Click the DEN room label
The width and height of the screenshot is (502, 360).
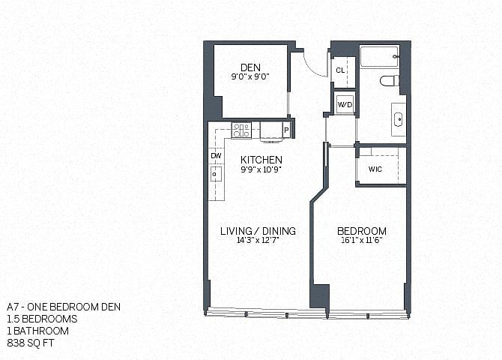[250, 67]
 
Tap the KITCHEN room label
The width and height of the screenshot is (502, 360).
[261, 160]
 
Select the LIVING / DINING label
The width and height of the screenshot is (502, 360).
[258, 231]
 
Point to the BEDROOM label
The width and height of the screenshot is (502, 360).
[362, 231]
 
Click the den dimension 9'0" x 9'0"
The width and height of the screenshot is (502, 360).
[250, 76]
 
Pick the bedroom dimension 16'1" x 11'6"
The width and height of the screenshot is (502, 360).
[362, 240]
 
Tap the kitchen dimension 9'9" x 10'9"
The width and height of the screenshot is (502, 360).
[261, 169]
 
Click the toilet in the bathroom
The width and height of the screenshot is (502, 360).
[390, 81]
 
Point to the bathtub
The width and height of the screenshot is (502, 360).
[379, 57]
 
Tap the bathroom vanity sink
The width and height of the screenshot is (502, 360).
[399, 119]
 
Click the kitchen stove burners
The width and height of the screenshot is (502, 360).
[241, 130]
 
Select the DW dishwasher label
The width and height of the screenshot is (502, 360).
[216, 156]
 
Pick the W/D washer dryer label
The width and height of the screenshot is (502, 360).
[345, 105]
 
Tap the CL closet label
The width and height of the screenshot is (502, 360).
[340, 70]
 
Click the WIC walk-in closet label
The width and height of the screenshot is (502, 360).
[375, 169]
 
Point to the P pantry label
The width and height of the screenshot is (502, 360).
[286, 130]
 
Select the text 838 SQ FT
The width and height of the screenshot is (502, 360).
[31, 343]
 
